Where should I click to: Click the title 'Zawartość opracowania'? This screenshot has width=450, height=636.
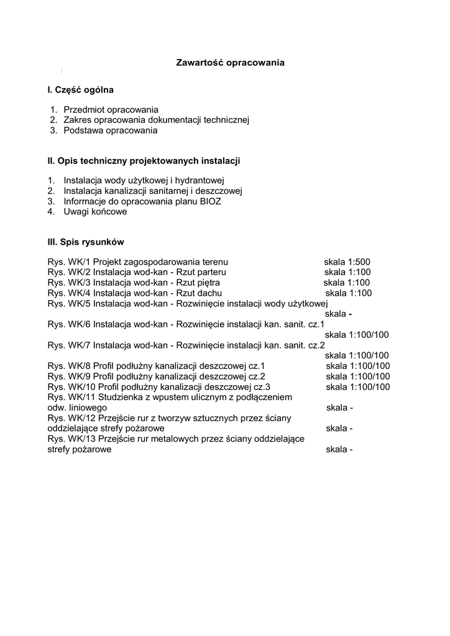pos(230,63)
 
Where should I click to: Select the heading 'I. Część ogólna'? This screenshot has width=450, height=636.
pos(81,90)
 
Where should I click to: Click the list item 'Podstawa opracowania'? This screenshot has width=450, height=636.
pos(110,130)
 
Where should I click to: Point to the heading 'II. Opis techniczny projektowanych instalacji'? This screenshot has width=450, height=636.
pos(144,161)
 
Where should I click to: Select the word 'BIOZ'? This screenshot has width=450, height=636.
pos(210,201)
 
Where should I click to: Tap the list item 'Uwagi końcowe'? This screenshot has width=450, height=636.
pos(95,212)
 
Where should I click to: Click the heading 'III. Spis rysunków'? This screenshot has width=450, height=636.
pos(87,242)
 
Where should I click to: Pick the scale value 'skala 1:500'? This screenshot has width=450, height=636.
pos(347,262)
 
